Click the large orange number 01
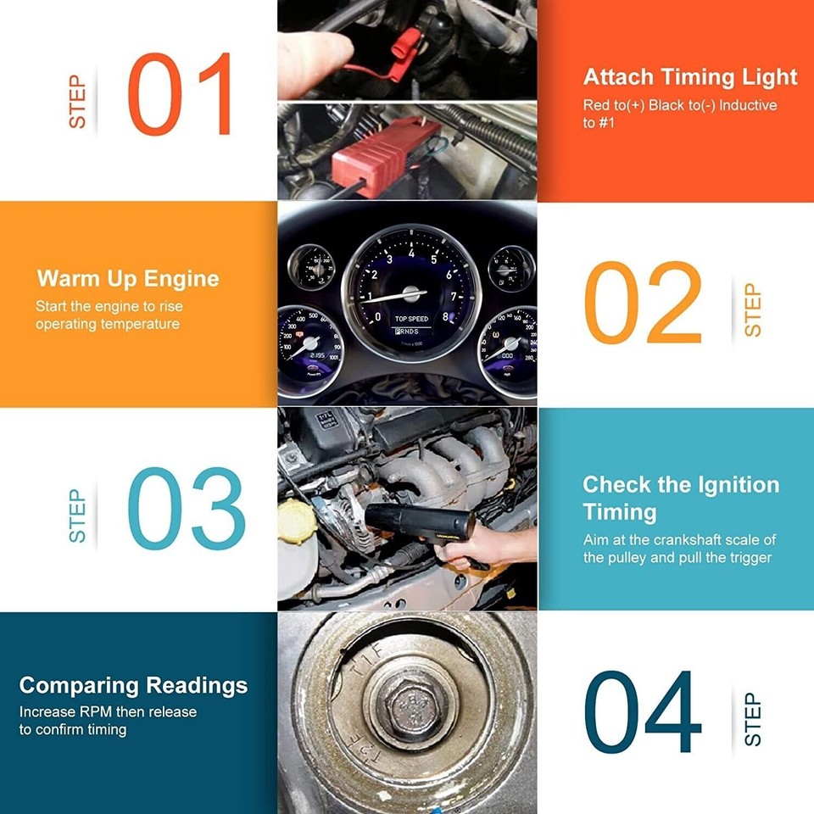coord(180,94)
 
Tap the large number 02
coord(644,302)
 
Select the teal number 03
coord(186,509)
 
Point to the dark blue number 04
coord(644,713)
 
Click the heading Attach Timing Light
coord(690,77)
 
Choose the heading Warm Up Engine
coord(128,279)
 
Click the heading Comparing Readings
coord(134,685)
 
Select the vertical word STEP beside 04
coord(752,719)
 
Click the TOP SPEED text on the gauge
coord(411,319)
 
